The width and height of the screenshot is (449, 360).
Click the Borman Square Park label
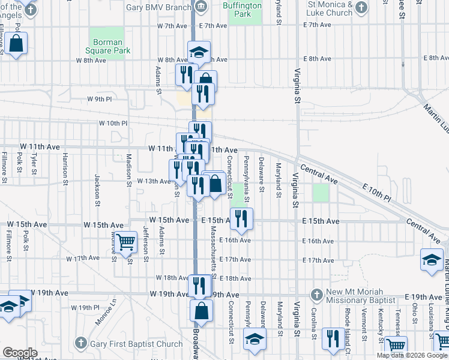coord(108,47)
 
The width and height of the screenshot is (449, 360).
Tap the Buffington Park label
coord(243,10)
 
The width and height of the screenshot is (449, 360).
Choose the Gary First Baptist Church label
coord(136,344)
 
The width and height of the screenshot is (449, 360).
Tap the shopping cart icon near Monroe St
coord(125,243)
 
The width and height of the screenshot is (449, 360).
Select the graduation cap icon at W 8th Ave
coord(199,52)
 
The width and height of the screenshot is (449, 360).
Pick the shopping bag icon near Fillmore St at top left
coord(16,44)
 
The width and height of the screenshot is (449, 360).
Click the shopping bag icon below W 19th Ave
coord(201,311)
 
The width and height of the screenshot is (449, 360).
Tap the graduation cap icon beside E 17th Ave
coord(432,260)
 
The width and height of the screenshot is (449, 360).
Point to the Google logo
coord(20,353)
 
